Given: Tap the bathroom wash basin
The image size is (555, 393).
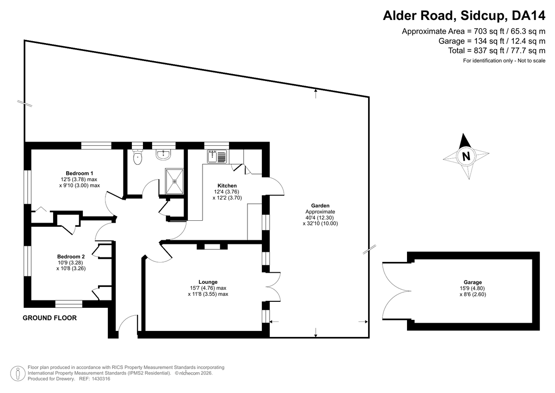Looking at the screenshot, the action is tap(163, 155).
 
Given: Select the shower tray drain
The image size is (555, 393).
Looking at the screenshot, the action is tap(174, 181).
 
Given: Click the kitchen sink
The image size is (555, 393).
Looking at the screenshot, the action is tap(217, 156).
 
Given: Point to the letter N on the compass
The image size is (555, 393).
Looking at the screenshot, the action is tap(466, 156).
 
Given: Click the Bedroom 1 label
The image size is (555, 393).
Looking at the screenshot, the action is tap(79, 173).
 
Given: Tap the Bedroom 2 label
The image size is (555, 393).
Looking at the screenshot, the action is tap(71, 256).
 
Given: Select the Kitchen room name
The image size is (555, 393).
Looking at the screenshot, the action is tap(227, 186).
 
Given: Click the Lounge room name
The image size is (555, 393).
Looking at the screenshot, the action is tap(208, 282).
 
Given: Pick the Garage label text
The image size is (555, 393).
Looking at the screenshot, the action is tap(473, 282).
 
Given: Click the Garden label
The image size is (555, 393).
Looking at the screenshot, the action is tap(320, 206).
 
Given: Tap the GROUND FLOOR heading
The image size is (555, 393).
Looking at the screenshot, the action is tap(49, 318).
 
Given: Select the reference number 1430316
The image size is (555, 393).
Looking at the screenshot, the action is tap(101, 379).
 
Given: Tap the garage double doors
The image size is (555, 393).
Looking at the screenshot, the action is tap(397, 291).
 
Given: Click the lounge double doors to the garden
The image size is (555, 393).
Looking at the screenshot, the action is tap(273, 287).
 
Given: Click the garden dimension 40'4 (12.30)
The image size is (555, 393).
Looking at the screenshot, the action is tap(320, 218).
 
